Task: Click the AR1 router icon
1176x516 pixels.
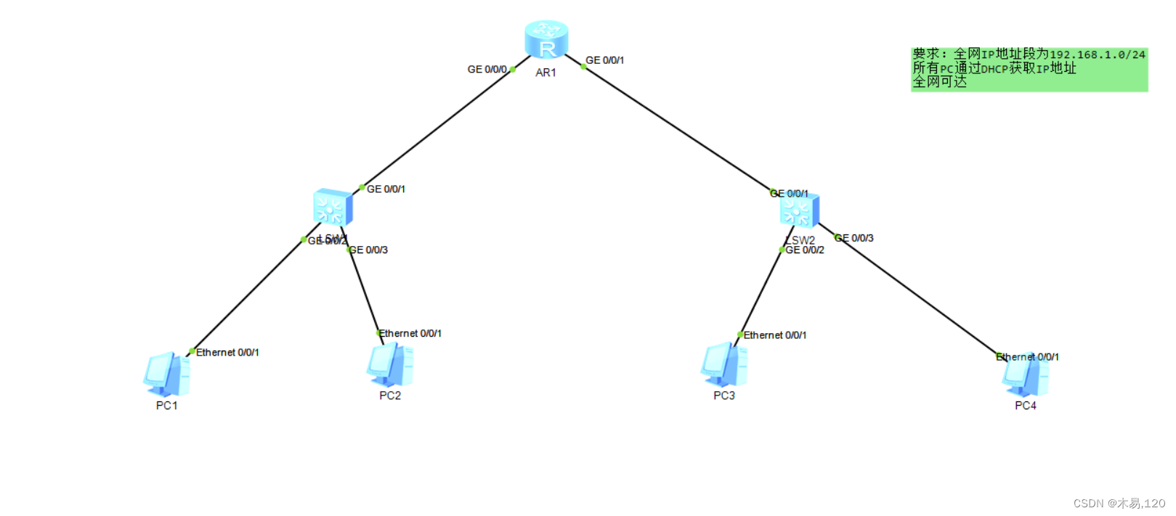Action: click(546, 39)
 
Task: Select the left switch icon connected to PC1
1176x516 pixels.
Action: click(333, 208)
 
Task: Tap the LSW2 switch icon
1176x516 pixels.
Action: click(800, 210)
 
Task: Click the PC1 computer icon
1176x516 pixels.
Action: click(167, 374)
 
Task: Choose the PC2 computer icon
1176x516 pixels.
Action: click(390, 365)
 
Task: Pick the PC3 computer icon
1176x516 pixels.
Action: click(724, 365)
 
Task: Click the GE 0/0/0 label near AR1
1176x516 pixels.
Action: click(487, 70)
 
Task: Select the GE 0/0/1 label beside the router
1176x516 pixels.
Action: click(605, 60)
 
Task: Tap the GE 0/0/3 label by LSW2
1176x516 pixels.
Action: click(855, 238)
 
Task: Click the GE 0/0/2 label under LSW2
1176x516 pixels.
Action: click(805, 250)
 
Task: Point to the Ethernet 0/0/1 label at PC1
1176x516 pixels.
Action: click(227, 353)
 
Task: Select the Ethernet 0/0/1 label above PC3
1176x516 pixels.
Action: click(774, 335)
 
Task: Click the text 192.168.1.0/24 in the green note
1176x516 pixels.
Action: click(1097, 55)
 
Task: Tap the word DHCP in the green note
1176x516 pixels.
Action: click(994, 69)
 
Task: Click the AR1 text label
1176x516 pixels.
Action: click(546, 73)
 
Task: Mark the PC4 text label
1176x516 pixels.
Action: click(1025, 406)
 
